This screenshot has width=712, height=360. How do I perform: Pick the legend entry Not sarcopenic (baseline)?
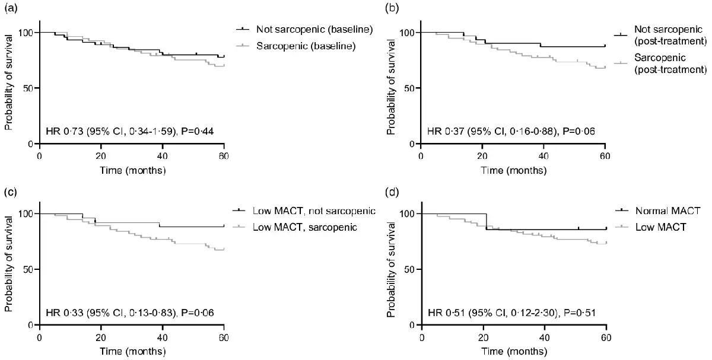click(x=306, y=29)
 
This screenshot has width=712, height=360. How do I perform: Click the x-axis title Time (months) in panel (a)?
click(x=132, y=170)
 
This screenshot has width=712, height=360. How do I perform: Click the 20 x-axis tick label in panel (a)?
click(x=101, y=156)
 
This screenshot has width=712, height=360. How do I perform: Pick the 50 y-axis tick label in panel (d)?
click(x=409, y=269)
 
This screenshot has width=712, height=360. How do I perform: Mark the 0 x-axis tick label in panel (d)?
click(x=421, y=337)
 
